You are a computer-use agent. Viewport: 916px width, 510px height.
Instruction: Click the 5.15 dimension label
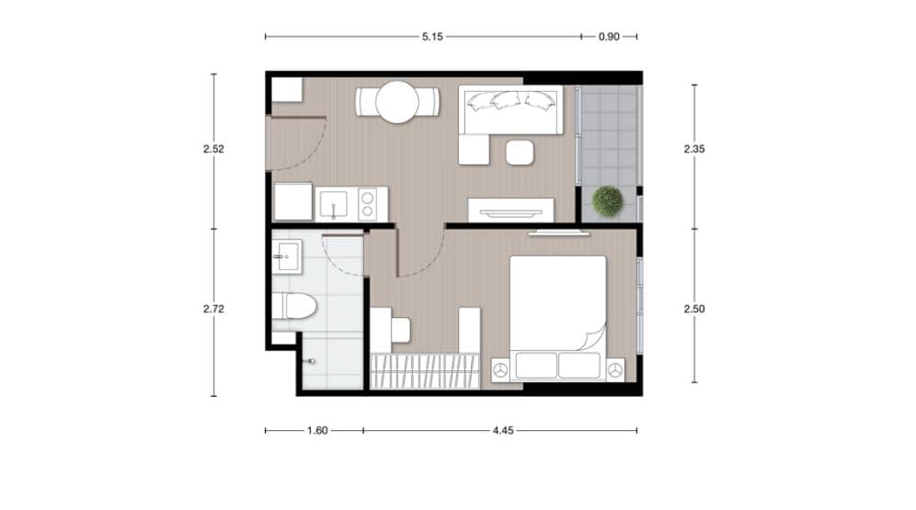pos(432,37)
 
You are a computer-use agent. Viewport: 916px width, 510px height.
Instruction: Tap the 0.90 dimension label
pos(609,37)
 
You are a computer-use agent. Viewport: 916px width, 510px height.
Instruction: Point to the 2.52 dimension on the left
pos(213,150)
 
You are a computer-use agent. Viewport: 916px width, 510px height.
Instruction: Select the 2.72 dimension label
pos(213,310)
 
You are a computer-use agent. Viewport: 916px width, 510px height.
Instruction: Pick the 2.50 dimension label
pos(694,310)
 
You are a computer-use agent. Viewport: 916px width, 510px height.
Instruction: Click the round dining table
pos(397,102)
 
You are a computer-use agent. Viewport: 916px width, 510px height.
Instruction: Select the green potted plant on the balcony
pos(607,201)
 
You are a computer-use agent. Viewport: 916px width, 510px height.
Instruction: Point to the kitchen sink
pos(332,203)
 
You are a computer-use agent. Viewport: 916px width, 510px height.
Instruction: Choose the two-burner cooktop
pos(370,203)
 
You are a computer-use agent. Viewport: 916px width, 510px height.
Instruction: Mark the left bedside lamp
pos(500,369)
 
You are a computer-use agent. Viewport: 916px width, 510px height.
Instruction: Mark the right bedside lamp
pos(614,369)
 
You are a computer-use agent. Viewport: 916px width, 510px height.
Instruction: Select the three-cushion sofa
pos(510,109)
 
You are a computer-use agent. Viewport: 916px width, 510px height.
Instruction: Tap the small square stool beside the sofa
pos(520,152)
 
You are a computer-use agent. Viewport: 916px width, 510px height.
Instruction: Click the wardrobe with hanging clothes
pos(425,370)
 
